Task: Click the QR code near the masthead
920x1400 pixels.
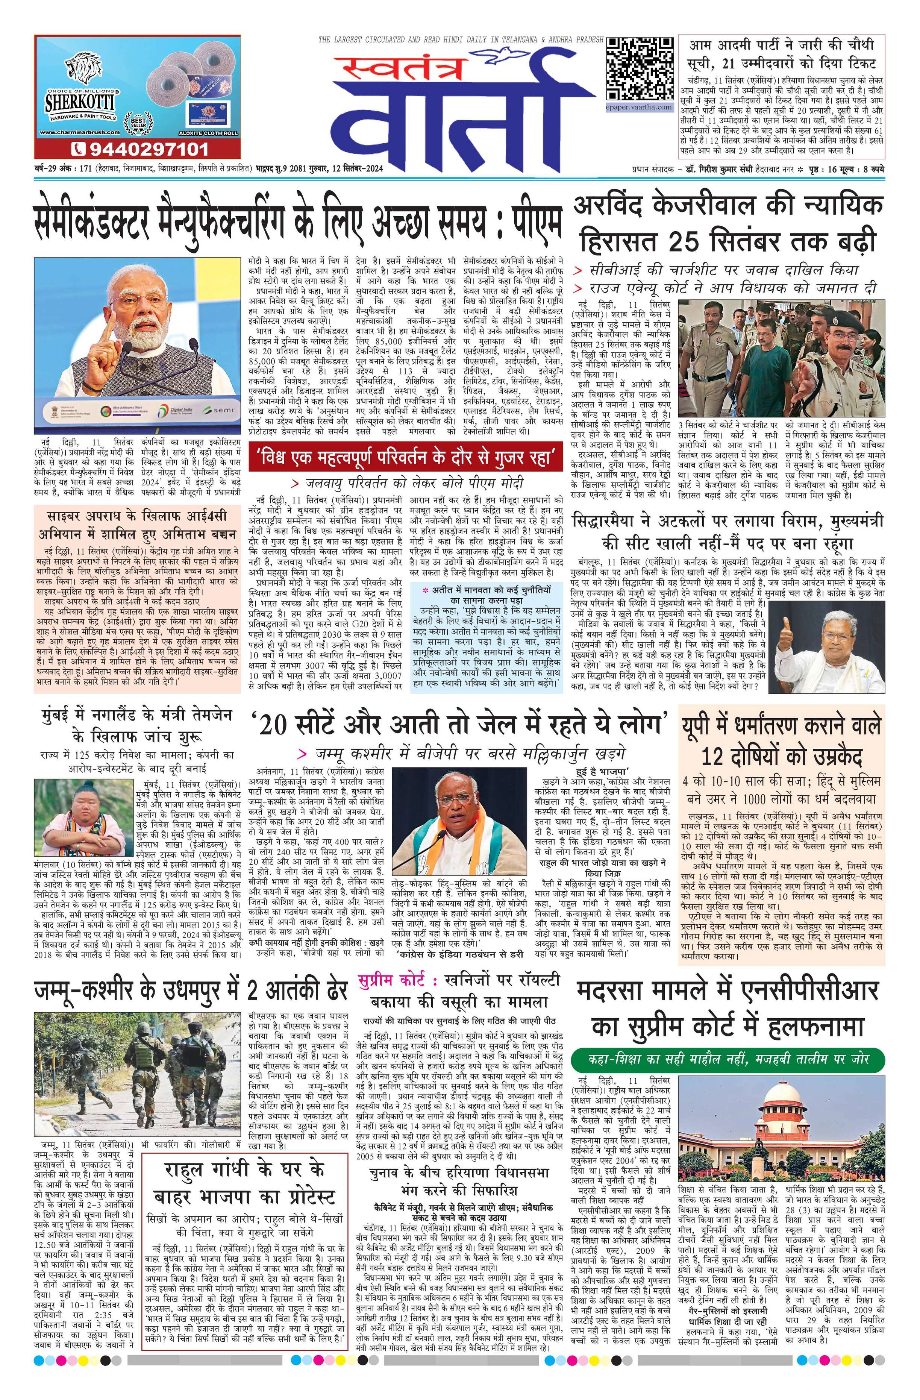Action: coord(640,69)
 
